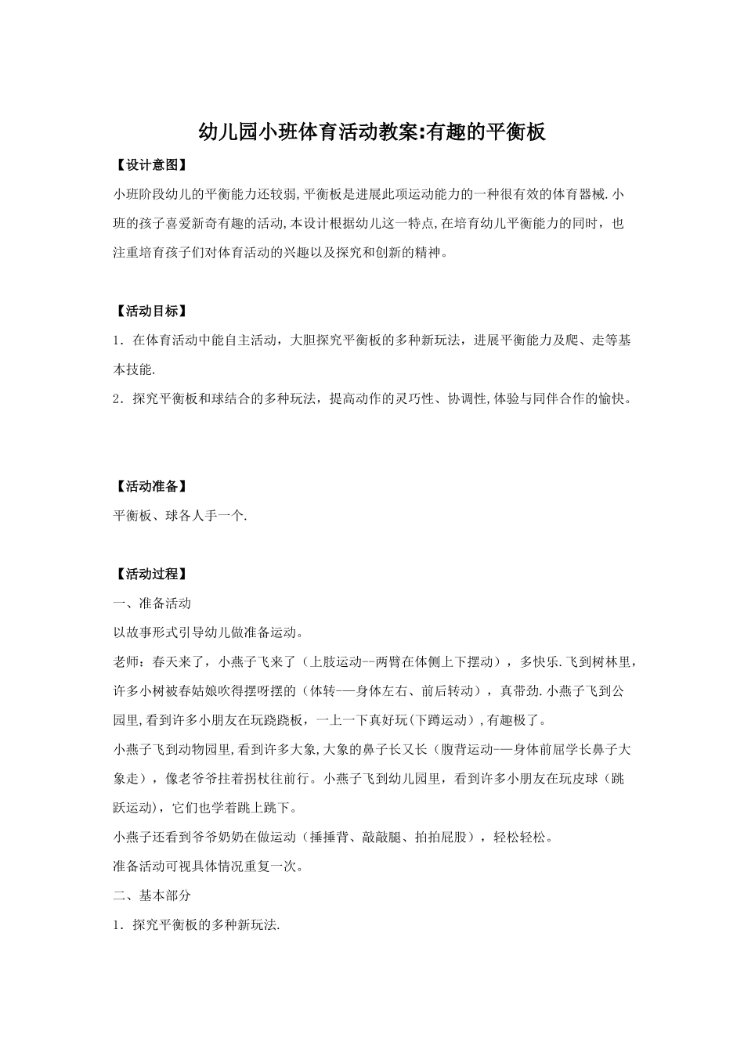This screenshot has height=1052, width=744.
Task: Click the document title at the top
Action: [371, 131]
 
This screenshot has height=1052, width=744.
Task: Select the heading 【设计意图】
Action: [150, 165]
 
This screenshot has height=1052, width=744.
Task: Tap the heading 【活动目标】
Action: [150, 312]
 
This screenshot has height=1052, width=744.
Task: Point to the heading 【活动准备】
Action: [150, 487]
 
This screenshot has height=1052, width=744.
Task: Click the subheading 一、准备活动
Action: [152, 603]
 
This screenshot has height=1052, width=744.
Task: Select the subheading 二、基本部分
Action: [152, 895]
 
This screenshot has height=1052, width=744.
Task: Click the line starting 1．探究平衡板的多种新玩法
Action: [197, 925]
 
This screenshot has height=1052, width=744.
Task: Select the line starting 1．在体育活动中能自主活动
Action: [372, 340]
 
